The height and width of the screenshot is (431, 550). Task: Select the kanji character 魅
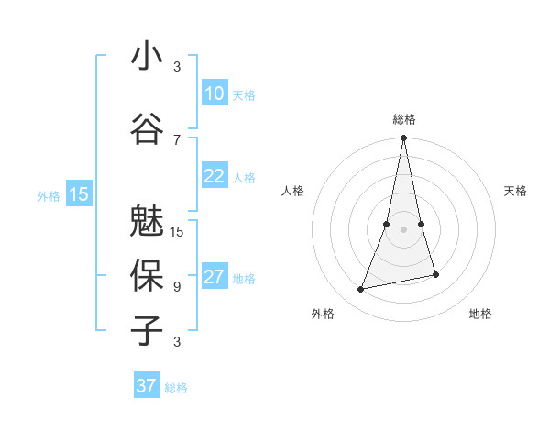coord(147,221)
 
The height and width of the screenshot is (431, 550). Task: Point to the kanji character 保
coord(147,276)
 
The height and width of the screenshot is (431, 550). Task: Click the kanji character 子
coord(147,331)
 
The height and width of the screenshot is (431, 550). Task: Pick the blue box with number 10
coord(214,94)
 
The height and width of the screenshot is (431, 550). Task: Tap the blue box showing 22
coord(214,176)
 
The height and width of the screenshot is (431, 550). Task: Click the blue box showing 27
coord(214,277)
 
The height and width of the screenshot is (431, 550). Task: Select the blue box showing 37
coord(147,386)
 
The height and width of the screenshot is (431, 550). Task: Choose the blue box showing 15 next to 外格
coord(79,194)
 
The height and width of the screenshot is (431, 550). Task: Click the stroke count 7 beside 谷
coord(177,139)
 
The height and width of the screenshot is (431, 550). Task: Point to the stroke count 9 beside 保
coord(177,286)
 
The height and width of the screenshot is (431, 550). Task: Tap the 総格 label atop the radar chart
coord(403,119)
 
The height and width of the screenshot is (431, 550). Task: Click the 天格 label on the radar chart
coord(515,191)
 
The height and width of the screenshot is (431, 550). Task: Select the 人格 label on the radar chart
coord(292,191)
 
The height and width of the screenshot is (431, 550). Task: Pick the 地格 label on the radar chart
coord(480,314)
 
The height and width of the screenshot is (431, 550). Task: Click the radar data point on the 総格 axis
coord(403,138)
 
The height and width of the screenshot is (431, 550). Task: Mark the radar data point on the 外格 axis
coord(361,290)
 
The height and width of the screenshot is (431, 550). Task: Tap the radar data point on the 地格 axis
coord(435,274)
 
